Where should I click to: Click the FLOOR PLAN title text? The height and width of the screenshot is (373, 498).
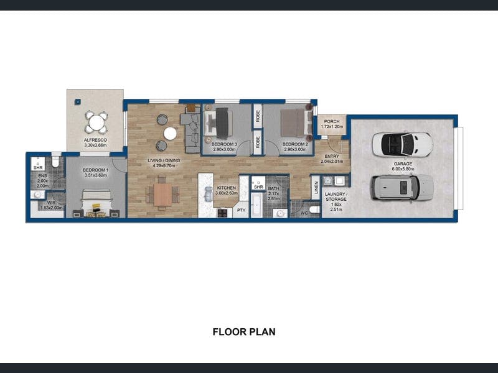click(244, 332)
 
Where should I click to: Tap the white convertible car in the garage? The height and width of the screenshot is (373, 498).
click(402, 145)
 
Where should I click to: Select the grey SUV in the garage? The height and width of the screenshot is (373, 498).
click(402, 188)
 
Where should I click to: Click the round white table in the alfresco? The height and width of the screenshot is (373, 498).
click(96, 122)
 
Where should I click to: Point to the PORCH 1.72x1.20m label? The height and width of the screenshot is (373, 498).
click(332, 124)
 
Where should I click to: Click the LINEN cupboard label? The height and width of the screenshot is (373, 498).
click(316, 187)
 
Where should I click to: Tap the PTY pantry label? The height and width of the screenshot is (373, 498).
click(242, 210)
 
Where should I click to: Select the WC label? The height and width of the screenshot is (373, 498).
click(304, 213)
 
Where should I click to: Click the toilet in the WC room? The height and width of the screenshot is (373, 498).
click(314, 210)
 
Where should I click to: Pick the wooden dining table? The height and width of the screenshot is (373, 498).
click(162, 195)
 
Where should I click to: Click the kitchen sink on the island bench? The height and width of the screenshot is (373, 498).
click(209, 194)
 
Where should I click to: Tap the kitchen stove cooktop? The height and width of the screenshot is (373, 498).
click(222, 213)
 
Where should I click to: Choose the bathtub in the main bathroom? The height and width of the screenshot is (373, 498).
click(256, 205)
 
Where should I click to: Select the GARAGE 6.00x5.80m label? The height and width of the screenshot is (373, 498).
click(403, 166)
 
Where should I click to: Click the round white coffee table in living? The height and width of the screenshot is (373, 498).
click(170, 134)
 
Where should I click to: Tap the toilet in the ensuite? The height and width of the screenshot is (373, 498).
click(55, 162)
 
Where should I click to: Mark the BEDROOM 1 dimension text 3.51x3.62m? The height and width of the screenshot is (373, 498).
click(96, 175)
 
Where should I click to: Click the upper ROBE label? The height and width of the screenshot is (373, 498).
click(258, 116)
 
